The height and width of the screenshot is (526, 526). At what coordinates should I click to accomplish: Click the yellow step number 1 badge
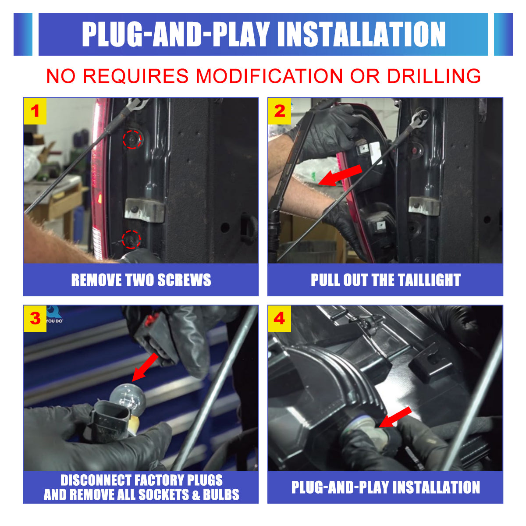(35, 111)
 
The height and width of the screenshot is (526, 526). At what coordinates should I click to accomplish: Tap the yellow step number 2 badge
(280, 111)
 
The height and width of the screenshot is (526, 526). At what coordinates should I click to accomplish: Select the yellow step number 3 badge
(35, 319)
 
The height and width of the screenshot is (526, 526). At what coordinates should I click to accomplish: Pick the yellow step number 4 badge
(280, 319)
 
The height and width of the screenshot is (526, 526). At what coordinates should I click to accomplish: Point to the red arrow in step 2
(340, 175)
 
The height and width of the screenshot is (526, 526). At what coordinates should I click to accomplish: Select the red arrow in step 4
(395, 417)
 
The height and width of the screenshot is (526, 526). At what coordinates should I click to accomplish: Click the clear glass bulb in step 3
(127, 399)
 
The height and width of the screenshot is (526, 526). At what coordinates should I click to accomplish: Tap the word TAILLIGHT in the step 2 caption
(429, 280)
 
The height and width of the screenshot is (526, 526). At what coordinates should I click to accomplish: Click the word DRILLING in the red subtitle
(434, 76)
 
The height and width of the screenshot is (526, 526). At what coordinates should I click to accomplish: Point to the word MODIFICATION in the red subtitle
(269, 76)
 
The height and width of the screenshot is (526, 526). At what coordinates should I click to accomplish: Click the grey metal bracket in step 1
(144, 210)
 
